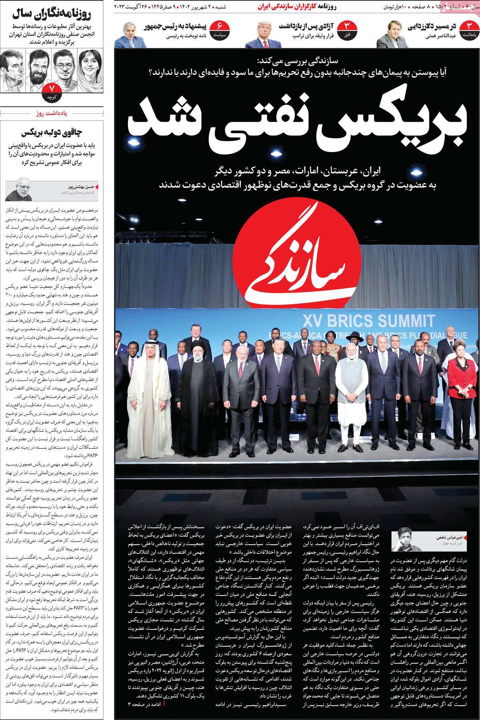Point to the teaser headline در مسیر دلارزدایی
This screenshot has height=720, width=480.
pos(432,27)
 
